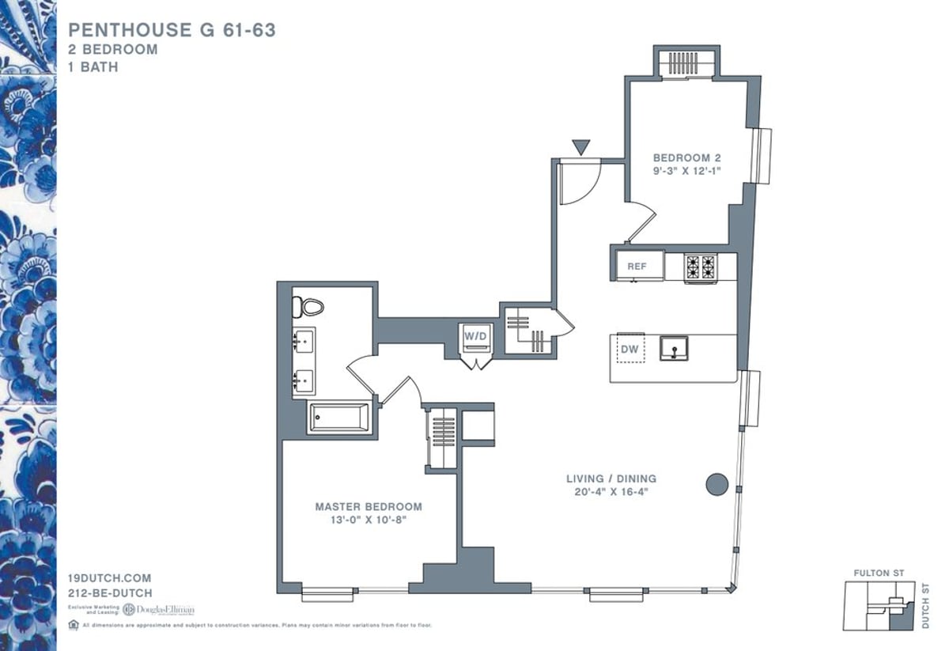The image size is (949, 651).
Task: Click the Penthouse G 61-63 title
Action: point(172,30)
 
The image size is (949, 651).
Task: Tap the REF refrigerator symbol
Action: point(637,267)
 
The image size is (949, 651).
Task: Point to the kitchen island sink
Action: point(674,347)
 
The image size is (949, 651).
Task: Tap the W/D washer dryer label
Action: point(477,337)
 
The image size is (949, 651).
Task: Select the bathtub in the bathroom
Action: point(338,418)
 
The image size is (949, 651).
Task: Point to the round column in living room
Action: point(716,484)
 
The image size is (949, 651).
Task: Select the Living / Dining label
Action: point(611,479)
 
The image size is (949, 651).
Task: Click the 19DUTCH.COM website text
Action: point(110,578)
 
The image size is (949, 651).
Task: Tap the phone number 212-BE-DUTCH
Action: point(111,592)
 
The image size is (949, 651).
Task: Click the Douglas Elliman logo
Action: point(158,609)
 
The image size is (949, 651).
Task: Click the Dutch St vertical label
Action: point(926,606)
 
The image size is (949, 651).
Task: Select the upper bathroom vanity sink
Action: point(304,343)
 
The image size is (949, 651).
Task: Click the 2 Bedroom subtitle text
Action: point(113,49)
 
